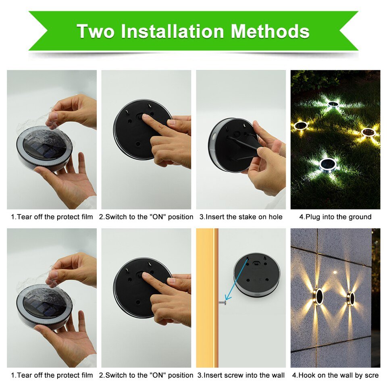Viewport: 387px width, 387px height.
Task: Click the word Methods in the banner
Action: click(x=270, y=31)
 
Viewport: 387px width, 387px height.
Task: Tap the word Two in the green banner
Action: click(x=96, y=31)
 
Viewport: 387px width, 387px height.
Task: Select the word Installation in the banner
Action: click(x=172, y=31)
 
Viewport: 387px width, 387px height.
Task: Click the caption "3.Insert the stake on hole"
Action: click(x=241, y=217)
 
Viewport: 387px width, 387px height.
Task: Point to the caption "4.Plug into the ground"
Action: click(x=335, y=217)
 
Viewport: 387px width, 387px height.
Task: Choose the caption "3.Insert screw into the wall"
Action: click(x=241, y=375)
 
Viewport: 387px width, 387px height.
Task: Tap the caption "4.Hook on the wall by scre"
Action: click(x=335, y=375)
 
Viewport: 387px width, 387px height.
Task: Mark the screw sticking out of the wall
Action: click(x=223, y=302)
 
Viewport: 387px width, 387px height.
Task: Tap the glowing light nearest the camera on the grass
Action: click(x=328, y=164)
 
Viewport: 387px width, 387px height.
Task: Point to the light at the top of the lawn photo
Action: click(x=333, y=104)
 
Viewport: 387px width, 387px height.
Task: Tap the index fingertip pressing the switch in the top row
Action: click(x=146, y=117)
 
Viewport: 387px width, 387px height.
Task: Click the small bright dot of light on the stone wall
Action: click(x=335, y=273)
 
